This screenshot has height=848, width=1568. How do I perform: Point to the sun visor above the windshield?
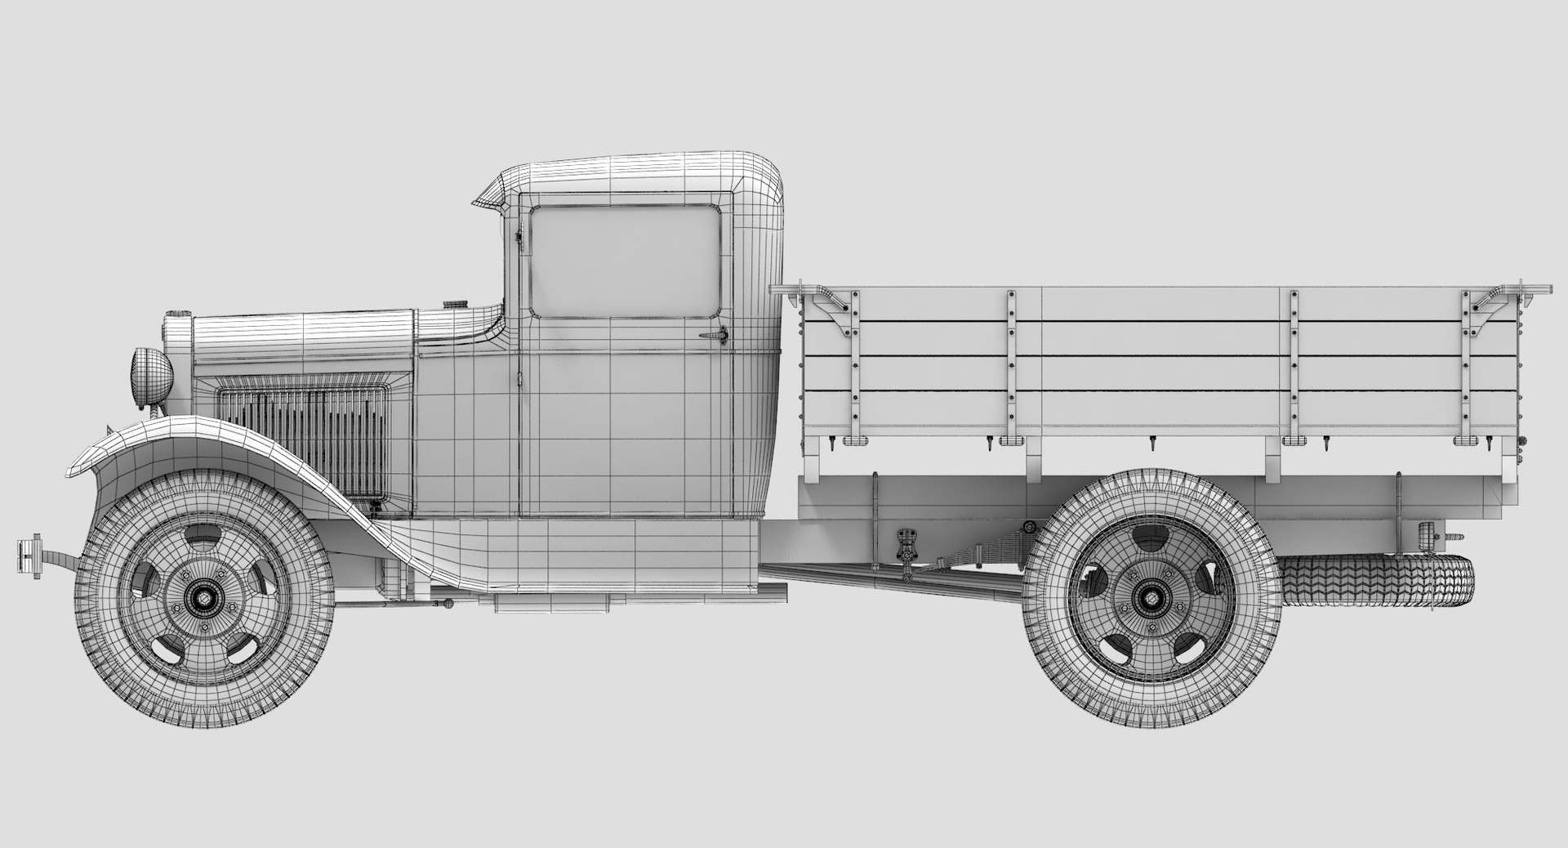(494, 195)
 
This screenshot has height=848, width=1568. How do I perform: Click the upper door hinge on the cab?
(518, 236)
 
